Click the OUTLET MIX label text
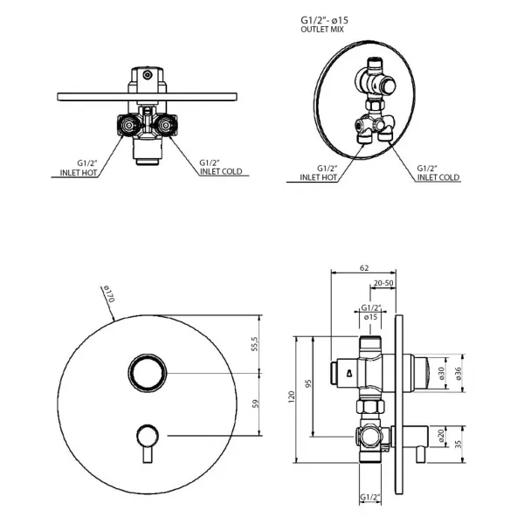tap(322, 30)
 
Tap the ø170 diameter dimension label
tap(108, 294)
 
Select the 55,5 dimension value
tap(255, 344)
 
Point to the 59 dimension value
tap(256, 403)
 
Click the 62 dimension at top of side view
tap(364, 268)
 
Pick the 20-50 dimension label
tap(383, 283)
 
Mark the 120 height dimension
tap(292, 397)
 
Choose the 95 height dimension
tap(308, 383)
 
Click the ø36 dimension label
tap(458, 373)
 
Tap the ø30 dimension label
tap(441, 373)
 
